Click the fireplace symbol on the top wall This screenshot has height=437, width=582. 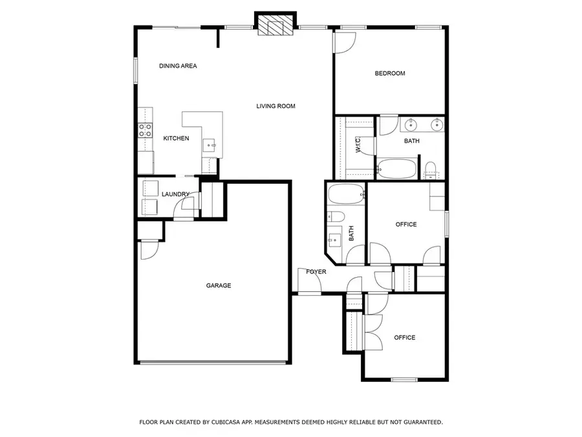click(x=275, y=25)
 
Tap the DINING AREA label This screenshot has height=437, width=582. click(x=178, y=66)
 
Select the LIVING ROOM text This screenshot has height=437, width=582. click(x=275, y=106)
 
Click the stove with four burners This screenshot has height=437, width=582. click(x=145, y=130)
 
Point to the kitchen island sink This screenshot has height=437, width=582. click(x=210, y=145)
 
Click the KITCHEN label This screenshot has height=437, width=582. click(x=176, y=139)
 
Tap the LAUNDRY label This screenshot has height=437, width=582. click(x=175, y=194)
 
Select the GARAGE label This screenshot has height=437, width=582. click(x=219, y=286)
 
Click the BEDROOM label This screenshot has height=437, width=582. click(x=390, y=73)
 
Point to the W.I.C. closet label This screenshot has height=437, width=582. click(x=358, y=144)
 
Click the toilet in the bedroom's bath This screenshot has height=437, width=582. click(x=430, y=170)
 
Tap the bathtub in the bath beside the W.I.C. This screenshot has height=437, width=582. click(x=396, y=169)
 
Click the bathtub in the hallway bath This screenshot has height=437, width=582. click(x=347, y=194)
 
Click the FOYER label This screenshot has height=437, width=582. click(x=316, y=272)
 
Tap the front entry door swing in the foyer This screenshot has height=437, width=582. click(x=309, y=280)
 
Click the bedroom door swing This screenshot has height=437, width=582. click(x=345, y=43)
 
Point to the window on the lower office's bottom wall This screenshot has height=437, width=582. click(x=404, y=379)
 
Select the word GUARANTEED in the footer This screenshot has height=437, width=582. click(x=423, y=422)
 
